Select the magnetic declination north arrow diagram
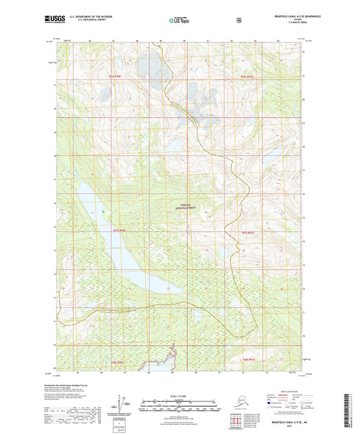coord(122,405)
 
